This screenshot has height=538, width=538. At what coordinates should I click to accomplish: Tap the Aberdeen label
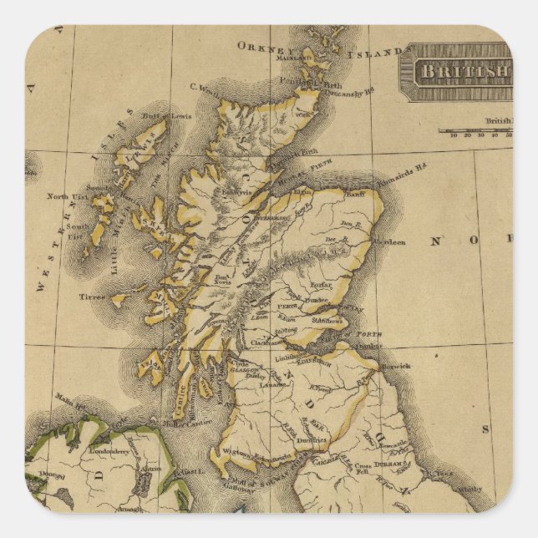click(389, 241)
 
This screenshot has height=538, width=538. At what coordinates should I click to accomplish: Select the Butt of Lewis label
click(168, 115)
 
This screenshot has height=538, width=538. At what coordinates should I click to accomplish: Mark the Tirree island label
click(92, 297)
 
